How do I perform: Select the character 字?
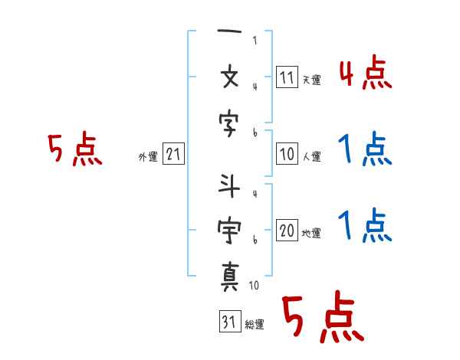pos(230,120)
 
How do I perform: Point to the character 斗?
pos(230,186)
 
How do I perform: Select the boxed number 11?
pos(287,78)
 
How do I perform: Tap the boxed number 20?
pos(287,232)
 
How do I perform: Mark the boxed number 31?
pos(228,322)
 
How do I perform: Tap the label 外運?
pos(148,157)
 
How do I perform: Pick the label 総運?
pos(254,324)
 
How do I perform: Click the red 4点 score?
pos(365,74)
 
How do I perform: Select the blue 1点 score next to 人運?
pos(365,149)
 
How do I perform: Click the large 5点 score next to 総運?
pos(322,318)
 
